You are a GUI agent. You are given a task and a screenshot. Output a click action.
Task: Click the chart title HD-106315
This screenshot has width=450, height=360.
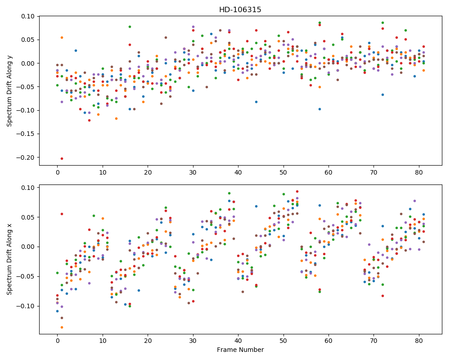[240, 10]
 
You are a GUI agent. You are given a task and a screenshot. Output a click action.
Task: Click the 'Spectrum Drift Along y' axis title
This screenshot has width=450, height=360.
[9, 90]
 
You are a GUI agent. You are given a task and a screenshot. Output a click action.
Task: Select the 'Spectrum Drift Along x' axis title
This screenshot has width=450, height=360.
[9, 259]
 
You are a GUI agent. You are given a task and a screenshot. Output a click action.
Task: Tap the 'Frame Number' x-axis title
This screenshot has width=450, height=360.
[240, 350]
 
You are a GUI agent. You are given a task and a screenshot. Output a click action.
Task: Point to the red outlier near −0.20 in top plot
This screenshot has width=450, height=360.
[62, 158]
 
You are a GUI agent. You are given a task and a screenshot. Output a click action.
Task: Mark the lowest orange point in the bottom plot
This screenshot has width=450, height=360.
[62, 327]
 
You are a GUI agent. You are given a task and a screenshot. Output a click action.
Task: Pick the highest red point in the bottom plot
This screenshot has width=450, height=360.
[297, 192]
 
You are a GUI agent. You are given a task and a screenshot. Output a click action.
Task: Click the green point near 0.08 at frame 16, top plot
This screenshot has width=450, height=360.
[130, 27]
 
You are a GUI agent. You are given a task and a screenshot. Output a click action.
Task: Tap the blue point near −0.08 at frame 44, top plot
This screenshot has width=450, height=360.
[256, 102]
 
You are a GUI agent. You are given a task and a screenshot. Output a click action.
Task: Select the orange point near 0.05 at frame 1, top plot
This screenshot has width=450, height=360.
[62, 38]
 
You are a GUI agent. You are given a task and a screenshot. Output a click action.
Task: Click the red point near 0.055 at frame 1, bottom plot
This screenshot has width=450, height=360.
[62, 214]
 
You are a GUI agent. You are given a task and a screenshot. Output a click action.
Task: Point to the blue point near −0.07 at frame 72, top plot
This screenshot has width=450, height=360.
[382, 95]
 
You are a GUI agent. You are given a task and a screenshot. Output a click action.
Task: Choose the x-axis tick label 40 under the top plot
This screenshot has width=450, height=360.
[238, 172]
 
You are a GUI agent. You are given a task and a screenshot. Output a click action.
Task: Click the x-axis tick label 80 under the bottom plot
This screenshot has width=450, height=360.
[419, 341]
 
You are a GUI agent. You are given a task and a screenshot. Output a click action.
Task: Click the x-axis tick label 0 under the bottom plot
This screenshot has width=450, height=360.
[58, 341]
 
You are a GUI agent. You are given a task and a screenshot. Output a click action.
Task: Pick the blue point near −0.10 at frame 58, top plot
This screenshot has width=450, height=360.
[319, 109]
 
